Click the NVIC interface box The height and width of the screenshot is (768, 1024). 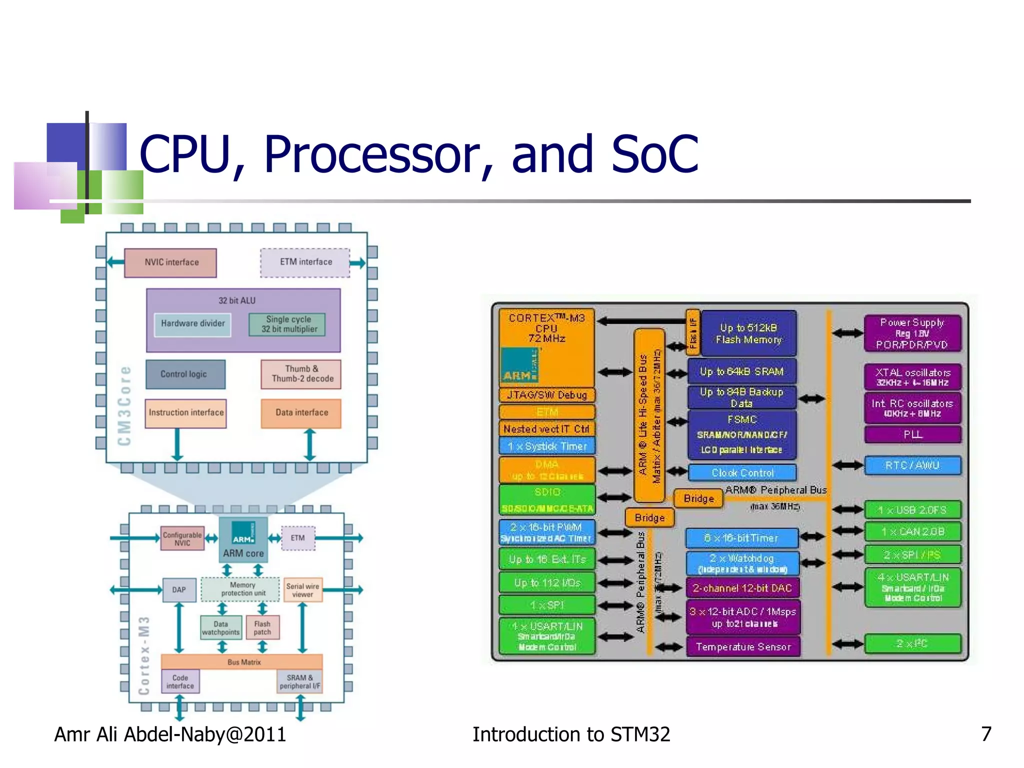170,262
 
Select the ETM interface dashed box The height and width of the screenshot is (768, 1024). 305,262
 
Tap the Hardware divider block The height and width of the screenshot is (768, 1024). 192,324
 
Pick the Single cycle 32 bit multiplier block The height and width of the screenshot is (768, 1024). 288,324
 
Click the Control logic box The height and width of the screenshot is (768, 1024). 185,374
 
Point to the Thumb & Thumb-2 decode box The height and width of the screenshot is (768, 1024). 301,374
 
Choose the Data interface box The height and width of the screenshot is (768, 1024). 301,413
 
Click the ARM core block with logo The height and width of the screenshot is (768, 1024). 243,540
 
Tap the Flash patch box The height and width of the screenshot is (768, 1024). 262,628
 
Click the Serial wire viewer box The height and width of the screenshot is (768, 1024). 302,590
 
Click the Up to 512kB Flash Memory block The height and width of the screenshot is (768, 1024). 748,333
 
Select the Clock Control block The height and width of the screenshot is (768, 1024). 742,472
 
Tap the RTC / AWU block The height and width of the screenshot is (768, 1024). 912,465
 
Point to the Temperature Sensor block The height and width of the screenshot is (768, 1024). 743,647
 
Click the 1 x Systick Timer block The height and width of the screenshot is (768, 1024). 547,446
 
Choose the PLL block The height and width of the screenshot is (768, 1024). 912,434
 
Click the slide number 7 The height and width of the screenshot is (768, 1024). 986,734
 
